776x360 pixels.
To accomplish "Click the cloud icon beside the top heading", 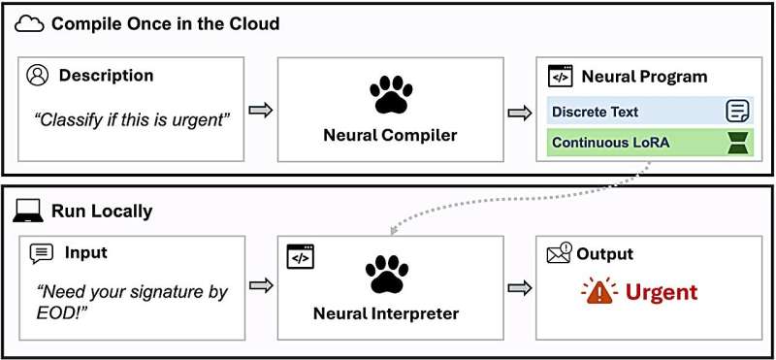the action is coord(29,24).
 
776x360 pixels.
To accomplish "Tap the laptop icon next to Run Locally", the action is coord(27,212).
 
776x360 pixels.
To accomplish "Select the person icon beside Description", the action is coord(38,77).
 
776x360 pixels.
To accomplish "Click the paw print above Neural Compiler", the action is coord(391,93).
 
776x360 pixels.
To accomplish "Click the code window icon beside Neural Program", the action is coord(561,77).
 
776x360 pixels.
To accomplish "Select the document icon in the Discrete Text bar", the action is coord(737,111).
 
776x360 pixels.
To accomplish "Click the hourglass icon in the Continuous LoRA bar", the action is coord(738,143).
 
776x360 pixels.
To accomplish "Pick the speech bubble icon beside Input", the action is coord(42,254).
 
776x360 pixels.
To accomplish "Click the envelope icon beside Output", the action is coord(560,253).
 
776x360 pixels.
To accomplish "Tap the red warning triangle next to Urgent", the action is coord(599,291).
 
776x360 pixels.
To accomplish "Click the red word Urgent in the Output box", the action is coord(662,292).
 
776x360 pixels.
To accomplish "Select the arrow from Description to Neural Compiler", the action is coord(261,111).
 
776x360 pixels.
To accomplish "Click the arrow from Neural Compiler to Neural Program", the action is coord(520,114).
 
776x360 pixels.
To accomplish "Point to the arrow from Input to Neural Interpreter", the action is coord(261,285).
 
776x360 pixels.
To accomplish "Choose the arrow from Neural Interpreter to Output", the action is coord(520,287).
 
